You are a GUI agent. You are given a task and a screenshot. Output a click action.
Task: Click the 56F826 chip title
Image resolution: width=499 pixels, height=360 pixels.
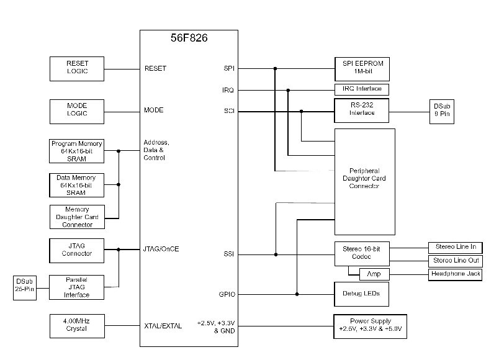point(189,38)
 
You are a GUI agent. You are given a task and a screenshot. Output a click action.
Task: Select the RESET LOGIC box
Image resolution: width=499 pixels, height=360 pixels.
point(77,68)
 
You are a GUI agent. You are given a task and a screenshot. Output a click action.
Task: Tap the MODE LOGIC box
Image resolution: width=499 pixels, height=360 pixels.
point(77,110)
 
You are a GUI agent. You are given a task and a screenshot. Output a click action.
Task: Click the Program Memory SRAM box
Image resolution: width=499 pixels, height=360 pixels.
point(76,151)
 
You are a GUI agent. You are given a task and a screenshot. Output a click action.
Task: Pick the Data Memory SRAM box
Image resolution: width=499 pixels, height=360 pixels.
point(76,185)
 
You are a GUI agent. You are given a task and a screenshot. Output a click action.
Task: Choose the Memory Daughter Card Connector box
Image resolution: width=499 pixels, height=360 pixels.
point(76,217)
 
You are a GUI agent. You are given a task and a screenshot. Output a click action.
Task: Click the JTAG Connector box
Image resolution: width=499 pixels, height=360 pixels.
point(76,250)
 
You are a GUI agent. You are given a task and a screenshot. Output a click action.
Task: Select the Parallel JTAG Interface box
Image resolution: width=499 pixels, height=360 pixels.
point(76,287)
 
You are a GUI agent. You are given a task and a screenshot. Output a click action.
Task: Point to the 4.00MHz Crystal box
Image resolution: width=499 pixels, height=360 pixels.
point(76,325)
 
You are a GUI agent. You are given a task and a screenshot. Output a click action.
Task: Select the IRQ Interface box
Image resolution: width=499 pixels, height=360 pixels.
point(361,89)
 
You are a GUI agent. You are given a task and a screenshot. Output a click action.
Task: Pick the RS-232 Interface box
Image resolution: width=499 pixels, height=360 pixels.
point(361,110)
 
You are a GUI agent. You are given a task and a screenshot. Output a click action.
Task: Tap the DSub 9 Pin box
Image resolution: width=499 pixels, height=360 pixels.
point(441,112)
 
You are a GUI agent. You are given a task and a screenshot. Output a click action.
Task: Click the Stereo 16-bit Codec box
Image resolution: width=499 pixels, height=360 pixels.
point(361,253)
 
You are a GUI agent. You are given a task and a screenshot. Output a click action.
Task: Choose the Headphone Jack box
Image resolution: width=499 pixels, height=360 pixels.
point(454,274)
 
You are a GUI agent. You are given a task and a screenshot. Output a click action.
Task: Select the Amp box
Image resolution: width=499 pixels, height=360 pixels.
point(374,274)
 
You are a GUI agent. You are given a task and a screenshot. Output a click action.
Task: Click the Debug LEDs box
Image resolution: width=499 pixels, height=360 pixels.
point(361,294)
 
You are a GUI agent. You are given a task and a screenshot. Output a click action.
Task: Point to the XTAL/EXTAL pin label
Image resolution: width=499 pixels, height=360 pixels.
point(163,325)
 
